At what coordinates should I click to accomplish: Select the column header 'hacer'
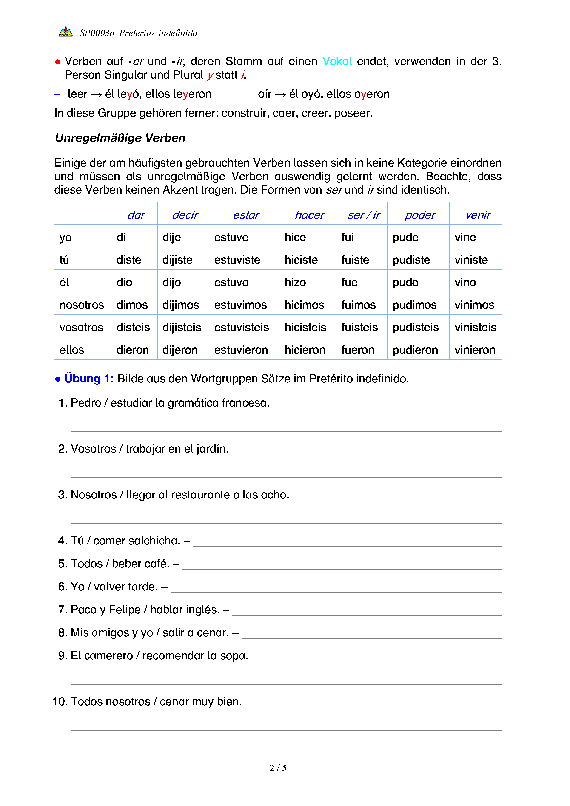coord(310,215)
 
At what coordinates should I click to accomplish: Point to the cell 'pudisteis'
coord(415,328)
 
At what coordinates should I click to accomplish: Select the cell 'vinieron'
coord(475,350)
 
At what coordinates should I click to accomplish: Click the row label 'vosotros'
coord(81,328)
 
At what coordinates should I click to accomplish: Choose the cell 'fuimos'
coord(358,305)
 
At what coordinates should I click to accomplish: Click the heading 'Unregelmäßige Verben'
coord(120,138)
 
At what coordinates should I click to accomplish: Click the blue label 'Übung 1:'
coord(89,379)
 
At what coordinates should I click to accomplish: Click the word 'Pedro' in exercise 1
coord(86,403)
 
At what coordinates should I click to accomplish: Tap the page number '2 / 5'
coord(278,768)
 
